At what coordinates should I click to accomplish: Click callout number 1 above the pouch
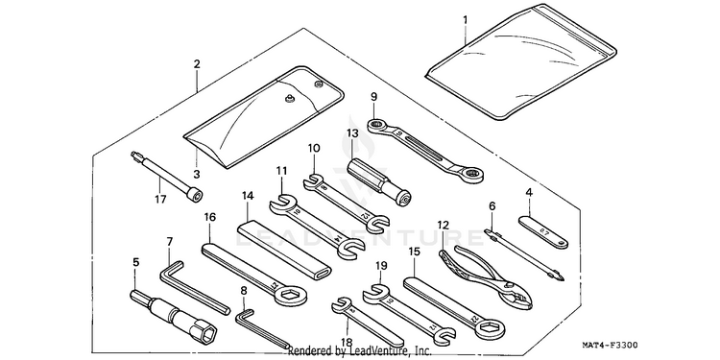coord(466,20)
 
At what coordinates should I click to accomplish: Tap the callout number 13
coord(352,133)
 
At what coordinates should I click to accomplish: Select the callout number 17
coord(160,200)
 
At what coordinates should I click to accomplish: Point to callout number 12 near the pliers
coord(444,225)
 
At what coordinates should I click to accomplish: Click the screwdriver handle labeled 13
coord(379,181)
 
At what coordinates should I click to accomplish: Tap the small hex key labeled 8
coord(259,328)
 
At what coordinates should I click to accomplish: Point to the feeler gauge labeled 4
coord(543,232)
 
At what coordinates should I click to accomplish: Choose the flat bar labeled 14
coord(284,249)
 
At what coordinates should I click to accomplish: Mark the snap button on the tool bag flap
coord(288,97)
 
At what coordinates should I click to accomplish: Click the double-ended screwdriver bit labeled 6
coord(524,254)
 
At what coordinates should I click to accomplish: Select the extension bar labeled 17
coord(167,176)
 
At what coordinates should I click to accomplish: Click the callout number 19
coord(381,266)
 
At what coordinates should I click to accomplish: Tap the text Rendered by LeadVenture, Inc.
coord(360,351)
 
